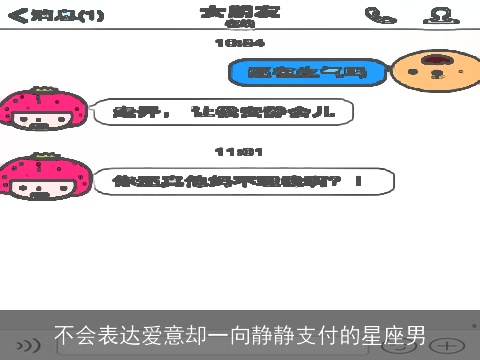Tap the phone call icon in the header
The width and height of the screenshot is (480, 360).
click(376, 15)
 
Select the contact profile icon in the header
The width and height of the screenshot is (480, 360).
click(437, 15)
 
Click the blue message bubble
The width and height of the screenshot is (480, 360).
click(307, 71)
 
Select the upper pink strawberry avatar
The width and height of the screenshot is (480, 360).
click(42, 112)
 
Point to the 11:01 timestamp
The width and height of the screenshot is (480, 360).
click(240, 151)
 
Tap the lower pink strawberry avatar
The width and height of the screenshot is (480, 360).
click(42, 181)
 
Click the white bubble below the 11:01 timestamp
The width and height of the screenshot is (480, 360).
click(237, 181)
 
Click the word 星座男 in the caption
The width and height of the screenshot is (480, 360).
click(399, 337)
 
